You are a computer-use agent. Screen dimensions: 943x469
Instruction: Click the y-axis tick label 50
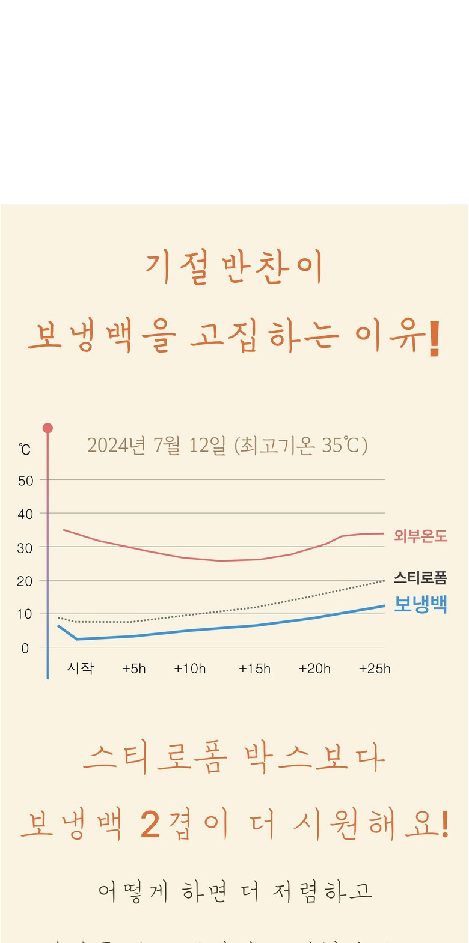(x=26, y=481)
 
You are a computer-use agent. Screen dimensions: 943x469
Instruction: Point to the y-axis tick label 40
(x=26, y=514)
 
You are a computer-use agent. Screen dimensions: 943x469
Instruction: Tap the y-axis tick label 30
(x=26, y=548)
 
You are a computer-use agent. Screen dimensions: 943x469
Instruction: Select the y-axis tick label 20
(x=26, y=581)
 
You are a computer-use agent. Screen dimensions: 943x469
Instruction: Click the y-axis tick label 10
(x=26, y=614)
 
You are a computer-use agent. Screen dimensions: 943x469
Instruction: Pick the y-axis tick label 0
(x=25, y=649)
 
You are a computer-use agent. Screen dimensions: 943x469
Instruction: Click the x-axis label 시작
(x=81, y=668)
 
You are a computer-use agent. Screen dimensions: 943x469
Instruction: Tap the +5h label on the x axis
(x=134, y=669)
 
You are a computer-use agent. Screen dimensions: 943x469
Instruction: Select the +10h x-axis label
(x=190, y=669)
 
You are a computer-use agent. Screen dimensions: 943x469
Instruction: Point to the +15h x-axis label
(x=254, y=669)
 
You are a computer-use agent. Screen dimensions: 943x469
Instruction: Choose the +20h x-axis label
(x=314, y=669)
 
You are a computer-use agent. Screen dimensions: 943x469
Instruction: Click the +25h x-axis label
(x=375, y=669)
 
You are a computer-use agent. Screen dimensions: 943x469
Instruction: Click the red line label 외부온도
(x=421, y=536)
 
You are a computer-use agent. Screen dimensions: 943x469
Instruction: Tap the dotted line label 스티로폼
(x=420, y=578)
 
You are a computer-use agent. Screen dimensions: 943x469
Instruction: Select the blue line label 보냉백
(x=420, y=604)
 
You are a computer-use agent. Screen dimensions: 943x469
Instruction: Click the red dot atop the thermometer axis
(x=48, y=428)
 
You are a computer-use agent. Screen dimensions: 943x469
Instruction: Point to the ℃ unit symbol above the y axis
(x=25, y=449)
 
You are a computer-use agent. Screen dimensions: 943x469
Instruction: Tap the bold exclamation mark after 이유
(x=435, y=339)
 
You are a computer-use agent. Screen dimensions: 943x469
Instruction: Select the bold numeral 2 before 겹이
(x=150, y=825)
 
